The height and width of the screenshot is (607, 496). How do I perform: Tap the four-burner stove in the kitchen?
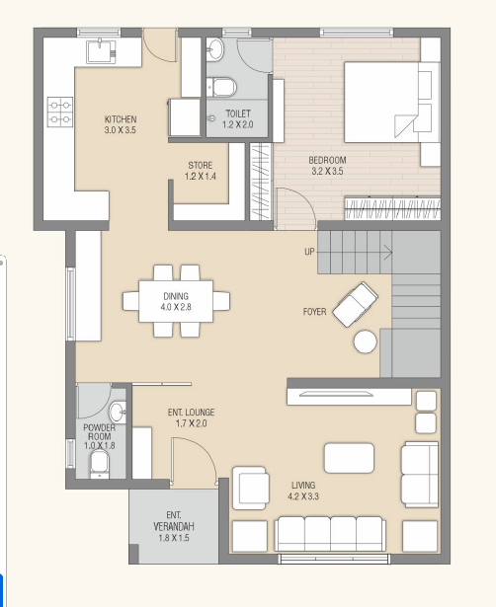[60, 112]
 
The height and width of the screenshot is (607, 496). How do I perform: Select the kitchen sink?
[101, 50]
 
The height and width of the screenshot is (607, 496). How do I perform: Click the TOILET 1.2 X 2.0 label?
[238, 118]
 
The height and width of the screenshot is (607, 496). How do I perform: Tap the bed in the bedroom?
[392, 103]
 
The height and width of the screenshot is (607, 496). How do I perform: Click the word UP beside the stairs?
[309, 252]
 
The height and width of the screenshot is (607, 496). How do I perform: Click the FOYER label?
[314, 312]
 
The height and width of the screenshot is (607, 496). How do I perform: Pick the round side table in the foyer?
[365, 341]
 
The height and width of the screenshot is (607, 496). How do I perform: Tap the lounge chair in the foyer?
[356, 304]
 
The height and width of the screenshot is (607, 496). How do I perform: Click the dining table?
[176, 301]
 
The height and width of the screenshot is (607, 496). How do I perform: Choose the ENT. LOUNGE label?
[191, 417]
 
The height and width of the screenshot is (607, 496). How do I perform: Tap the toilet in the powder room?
[100, 464]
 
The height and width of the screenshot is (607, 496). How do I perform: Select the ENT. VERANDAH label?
[174, 526]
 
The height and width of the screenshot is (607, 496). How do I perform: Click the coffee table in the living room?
[349, 458]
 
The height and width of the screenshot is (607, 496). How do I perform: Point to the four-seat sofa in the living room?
[330, 533]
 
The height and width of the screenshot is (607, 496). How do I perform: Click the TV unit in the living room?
[349, 397]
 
